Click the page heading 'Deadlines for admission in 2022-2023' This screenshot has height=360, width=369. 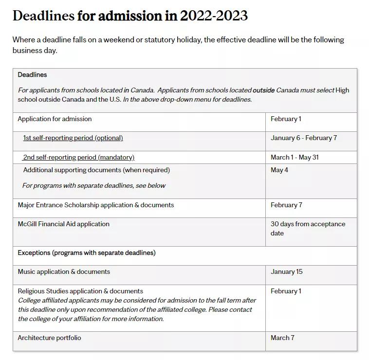pos(130,16)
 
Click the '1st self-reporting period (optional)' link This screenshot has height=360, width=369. pos(73,138)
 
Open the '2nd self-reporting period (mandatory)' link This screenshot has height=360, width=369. pos(79,158)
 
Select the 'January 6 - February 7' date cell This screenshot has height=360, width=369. pos(304,138)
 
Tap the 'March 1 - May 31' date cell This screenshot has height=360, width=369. pos(295,158)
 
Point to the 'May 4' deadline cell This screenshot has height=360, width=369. pos(279,170)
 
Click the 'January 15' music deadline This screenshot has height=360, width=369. pos(287,272)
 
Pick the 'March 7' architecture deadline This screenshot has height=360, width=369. pos(282,338)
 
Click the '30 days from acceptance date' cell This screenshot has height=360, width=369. pos(308,229)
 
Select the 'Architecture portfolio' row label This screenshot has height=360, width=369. pos(49,338)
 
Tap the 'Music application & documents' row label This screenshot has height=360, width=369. pos(64,272)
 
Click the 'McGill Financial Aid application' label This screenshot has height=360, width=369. pos(63,224)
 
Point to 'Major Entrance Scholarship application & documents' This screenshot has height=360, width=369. pos(95,205)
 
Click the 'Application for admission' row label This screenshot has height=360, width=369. pos(55,119)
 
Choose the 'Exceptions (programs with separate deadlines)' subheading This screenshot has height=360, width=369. pos(87,253)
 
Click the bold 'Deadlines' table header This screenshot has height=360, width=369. pos(32,75)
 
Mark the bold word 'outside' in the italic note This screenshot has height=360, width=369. pos(263,90)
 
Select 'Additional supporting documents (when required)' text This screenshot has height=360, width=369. pos(96,170)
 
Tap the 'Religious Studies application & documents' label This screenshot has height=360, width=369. pos(80,291)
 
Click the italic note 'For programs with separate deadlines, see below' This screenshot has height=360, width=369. pos(94,186)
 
